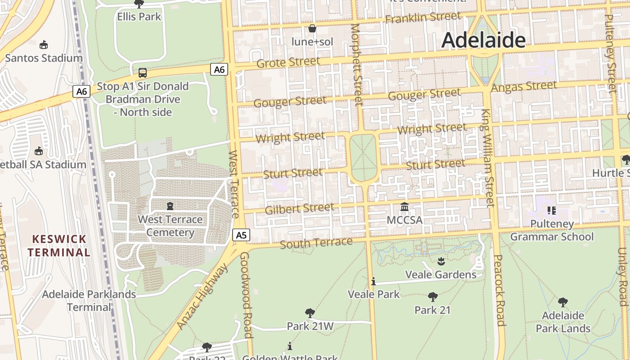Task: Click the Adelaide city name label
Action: (x=483, y=40)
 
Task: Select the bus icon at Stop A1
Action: (x=142, y=72)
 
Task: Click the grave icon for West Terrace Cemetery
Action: (x=170, y=206)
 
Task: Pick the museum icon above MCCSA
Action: (x=405, y=207)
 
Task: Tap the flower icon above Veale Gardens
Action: (x=441, y=261)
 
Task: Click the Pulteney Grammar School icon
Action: (x=552, y=210)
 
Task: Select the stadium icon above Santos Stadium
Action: (x=44, y=45)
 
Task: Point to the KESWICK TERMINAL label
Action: (x=58, y=245)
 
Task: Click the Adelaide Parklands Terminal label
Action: (x=89, y=301)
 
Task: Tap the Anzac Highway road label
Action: (x=202, y=296)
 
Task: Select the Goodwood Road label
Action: (x=245, y=295)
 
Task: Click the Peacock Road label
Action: (x=499, y=290)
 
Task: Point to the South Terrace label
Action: (x=316, y=243)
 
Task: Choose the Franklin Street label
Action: (x=423, y=18)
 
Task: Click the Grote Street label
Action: (x=288, y=62)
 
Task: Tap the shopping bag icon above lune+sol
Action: (x=312, y=29)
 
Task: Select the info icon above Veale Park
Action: (x=373, y=282)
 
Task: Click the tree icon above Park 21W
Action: (x=310, y=313)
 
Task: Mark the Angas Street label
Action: (x=524, y=86)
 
